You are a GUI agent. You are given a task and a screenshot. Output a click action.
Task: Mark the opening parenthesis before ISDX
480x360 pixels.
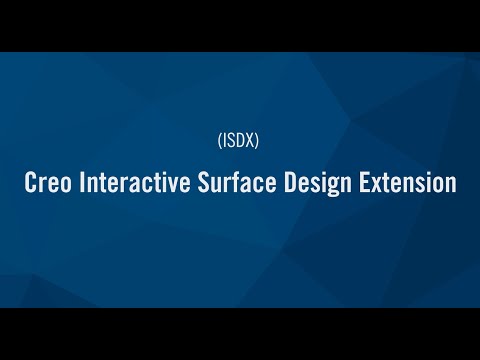click(218, 141)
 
